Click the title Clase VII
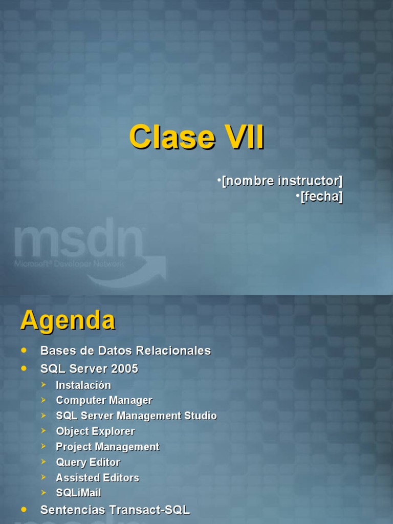click(x=196, y=138)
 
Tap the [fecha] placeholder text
click(x=321, y=196)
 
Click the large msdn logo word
click(x=78, y=240)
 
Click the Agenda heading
click(x=68, y=321)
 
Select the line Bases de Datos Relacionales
click(x=125, y=351)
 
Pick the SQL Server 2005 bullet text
click(x=89, y=369)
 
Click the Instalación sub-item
click(x=83, y=385)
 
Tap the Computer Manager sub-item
click(x=104, y=401)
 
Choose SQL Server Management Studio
click(x=136, y=416)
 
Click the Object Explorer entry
click(x=95, y=431)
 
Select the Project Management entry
click(x=107, y=447)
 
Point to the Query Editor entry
click(x=88, y=463)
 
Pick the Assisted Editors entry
click(x=97, y=478)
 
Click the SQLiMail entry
click(x=78, y=493)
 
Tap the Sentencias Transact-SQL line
click(x=115, y=510)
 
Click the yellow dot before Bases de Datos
click(x=24, y=351)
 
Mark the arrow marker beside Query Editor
click(x=44, y=462)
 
